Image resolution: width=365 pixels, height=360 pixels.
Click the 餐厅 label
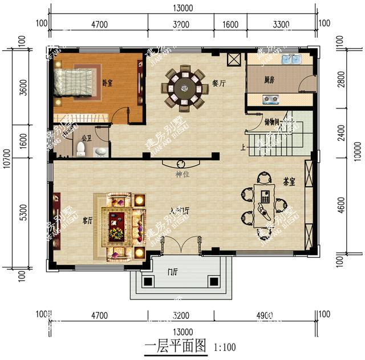tap(219, 83)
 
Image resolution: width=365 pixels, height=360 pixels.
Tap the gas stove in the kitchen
tap(271, 100)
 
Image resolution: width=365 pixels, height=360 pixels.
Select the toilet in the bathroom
tap(81, 149)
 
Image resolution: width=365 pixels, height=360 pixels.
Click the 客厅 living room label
tap(87, 220)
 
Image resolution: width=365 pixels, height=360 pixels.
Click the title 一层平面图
tap(175, 346)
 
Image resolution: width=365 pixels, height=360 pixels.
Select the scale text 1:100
tap(224, 346)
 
